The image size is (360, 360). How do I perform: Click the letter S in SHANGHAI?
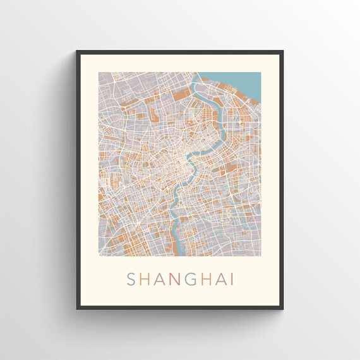coord(131,279)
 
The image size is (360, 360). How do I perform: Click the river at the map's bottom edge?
coord(181,252)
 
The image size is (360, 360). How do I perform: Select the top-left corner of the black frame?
coord(77,52)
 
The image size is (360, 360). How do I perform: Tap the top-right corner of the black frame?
coord(282,52)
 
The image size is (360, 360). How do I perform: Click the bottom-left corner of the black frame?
coord(77,308)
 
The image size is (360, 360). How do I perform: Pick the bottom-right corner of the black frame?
coord(282,308)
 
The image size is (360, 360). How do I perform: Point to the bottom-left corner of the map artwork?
coord(99,255)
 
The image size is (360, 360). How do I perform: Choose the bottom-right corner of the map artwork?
coord(261,255)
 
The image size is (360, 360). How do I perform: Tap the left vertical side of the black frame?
coord(78,180)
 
